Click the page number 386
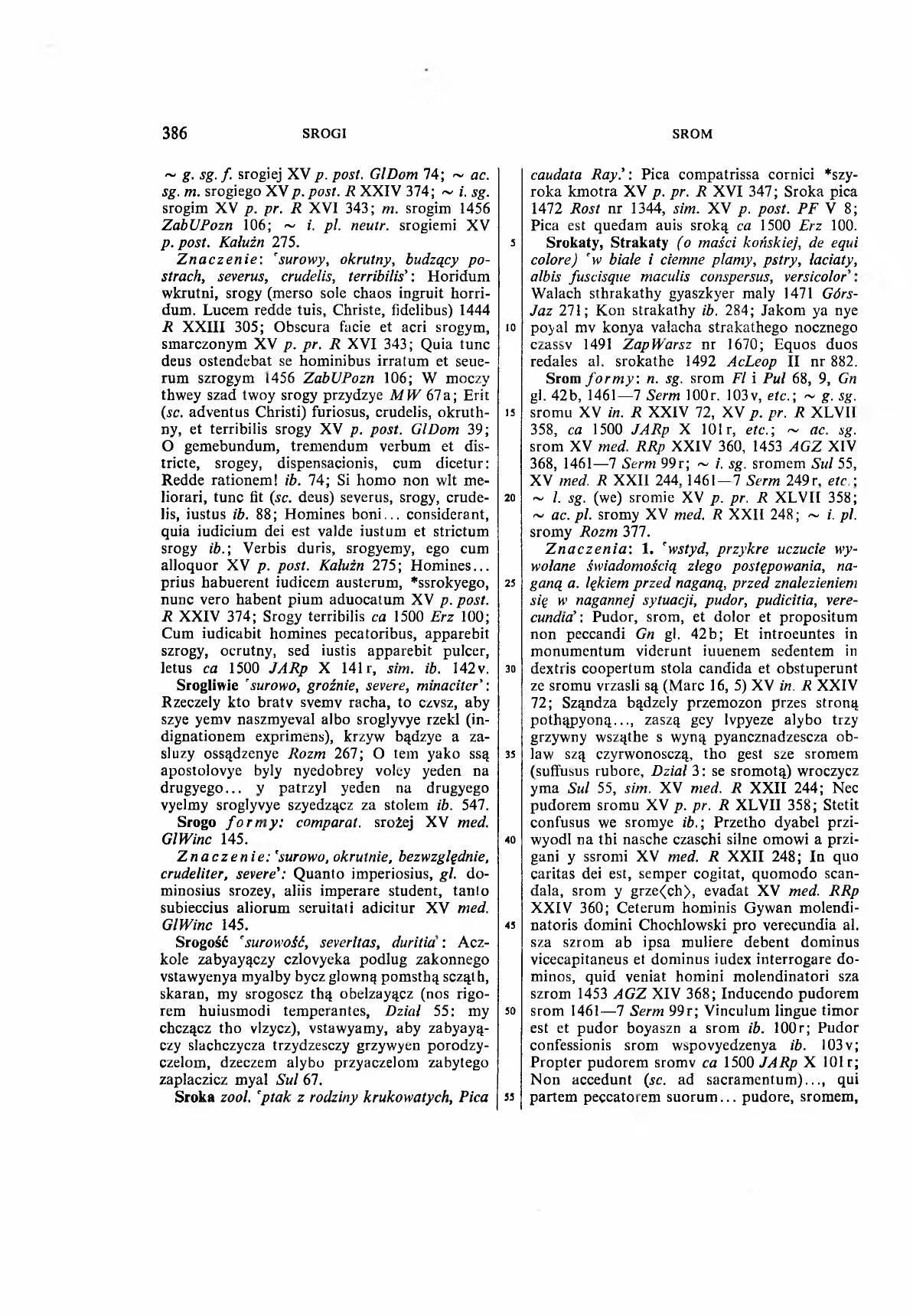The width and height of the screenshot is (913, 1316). point(175,133)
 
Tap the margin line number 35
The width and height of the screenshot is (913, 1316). point(507,754)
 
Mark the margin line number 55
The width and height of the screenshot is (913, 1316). point(507,1096)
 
